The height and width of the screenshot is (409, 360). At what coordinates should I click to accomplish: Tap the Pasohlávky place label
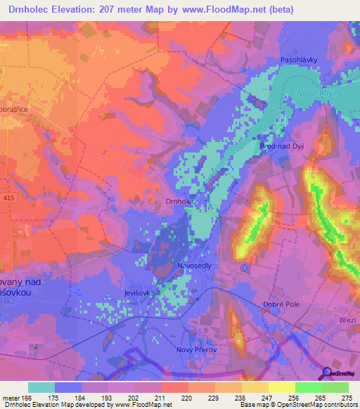click(300, 60)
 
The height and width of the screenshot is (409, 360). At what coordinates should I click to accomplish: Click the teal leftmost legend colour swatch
click(41, 387)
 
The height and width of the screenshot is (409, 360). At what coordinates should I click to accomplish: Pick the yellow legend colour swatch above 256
click(281, 387)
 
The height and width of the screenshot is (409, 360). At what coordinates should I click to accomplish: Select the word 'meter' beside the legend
click(12, 398)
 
